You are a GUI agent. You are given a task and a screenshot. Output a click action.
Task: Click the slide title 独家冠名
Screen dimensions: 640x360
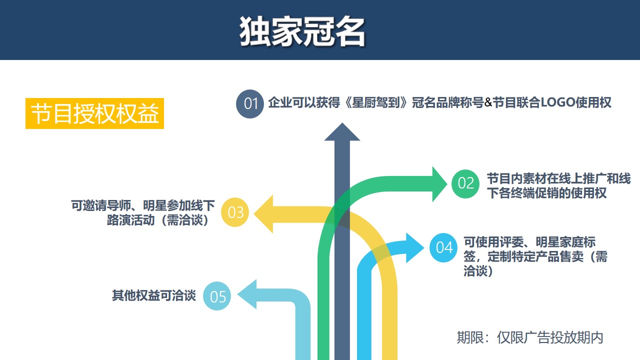(x=302, y=31)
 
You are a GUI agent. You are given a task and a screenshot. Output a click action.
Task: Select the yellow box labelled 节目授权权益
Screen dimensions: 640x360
(x=94, y=113)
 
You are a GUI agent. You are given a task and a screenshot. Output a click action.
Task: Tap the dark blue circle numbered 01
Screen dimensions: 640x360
(x=250, y=103)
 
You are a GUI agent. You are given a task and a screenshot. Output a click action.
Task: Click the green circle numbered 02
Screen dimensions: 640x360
(x=465, y=183)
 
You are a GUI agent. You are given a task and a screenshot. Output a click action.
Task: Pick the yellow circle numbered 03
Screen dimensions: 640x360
(x=235, y=212)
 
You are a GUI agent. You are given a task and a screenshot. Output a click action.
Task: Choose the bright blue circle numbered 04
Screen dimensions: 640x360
(x=443, y=247)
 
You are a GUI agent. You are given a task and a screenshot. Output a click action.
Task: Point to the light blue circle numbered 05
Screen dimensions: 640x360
(x=217, y=296)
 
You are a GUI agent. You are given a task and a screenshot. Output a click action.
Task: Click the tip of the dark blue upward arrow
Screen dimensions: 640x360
(x=342, y=123)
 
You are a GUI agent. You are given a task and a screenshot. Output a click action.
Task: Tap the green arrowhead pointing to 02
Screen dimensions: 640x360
(x=439, y=184)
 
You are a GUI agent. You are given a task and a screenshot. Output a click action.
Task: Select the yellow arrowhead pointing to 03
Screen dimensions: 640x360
(x=263, y=214)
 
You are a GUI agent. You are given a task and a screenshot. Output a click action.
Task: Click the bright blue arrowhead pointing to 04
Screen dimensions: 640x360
(x=415, y=248)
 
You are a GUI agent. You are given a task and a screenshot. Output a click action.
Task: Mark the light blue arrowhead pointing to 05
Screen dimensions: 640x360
(x=247, y=294)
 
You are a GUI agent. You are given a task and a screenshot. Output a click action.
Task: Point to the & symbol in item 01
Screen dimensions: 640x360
(x=488, y=102)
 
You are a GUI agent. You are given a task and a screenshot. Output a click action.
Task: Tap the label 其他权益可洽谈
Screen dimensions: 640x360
(x=154, y=295)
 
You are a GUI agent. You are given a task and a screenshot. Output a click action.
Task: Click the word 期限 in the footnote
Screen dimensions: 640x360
(x=468, y=337)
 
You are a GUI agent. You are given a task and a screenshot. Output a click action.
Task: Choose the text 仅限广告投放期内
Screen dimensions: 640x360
(x=550, y=337)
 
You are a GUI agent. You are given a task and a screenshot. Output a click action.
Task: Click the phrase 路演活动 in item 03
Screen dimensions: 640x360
(x=130, y=220)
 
